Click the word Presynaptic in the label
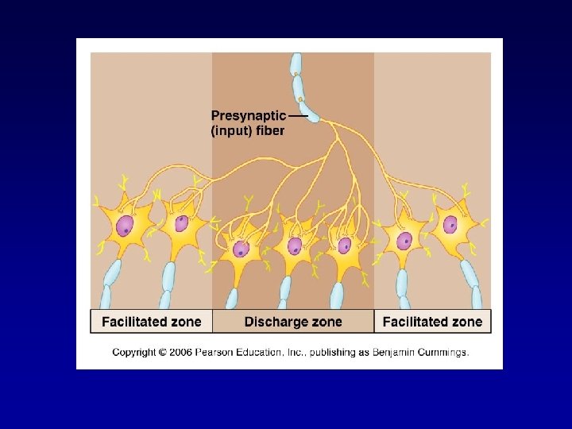pyautogui.click(x=248, y=114)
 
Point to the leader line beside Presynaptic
pyautogui.click(x=298, y=115)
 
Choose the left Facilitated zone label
pyautogui.click(x=151, y=322)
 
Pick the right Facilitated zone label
pyautogui.click(x=432, y=322)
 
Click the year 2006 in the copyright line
pyautogui.click(x=182, y=352)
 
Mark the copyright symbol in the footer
pyautogui.click(x=163, y=352)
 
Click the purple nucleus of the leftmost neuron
pyautogui.click(x=124, y=227)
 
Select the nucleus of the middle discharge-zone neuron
pyautogui.click(x=295, y=246)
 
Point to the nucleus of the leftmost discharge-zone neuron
pyautogui.click(x=240, y=249)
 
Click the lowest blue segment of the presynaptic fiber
pyautogui.click(x=309, y=110)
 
